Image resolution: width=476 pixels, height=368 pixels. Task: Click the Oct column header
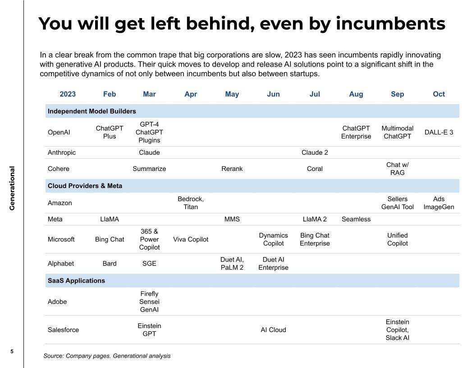(x=439, y=94)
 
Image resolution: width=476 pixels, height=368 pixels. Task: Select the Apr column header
(x=191, y=94)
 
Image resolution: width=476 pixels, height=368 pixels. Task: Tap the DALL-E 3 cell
(x=439, y=133)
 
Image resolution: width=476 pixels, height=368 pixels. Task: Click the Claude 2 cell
(x=315, y=152)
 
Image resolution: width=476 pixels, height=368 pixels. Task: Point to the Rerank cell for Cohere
(x=232, y=169)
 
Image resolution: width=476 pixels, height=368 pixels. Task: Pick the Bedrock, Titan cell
(x=191, y=203)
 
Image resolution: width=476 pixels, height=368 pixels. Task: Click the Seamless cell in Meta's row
(x=356, y=219)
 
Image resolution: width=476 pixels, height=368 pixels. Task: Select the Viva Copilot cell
(x=191, y=239)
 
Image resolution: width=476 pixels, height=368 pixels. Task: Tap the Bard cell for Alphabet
(x=110, y=263)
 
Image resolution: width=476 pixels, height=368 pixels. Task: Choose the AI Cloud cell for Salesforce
(x=273, y=330)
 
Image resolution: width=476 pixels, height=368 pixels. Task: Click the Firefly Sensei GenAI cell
(x=149, y=302)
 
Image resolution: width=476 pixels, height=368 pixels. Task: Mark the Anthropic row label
(x=62, y=152)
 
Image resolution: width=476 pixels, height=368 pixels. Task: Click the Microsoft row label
(x=61, y=239)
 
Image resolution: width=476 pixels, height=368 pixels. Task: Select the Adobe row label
(x=57, y=302)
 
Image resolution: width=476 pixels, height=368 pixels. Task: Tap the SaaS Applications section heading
(x=76, y=281)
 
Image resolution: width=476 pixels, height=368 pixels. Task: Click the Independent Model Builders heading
(x=92, y=111)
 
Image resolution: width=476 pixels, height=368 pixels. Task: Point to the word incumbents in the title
(x=390, y=23)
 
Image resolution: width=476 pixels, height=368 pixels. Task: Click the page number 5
(x=12, y=351)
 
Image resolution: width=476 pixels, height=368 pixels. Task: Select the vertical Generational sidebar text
(x=12, y=189)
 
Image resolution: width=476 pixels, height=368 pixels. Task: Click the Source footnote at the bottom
(x=107, y=356)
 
